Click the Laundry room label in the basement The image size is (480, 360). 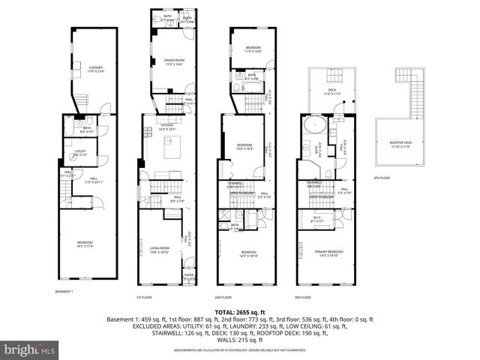(x=95, y=69)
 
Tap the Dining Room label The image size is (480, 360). (x=174, y=61)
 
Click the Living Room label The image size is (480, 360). (x=159, y=250)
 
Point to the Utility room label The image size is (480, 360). (x=81, y=152)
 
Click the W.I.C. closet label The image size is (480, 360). (x=318, y=220)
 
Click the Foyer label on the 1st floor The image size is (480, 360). (x=188, y=276)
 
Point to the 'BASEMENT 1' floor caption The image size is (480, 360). (x=65, y=291)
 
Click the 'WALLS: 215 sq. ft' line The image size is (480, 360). (x=240, y=341)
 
